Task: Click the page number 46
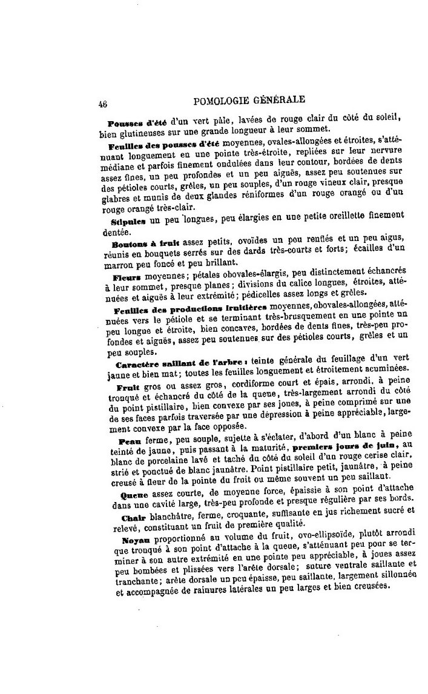tap(101, 104)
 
